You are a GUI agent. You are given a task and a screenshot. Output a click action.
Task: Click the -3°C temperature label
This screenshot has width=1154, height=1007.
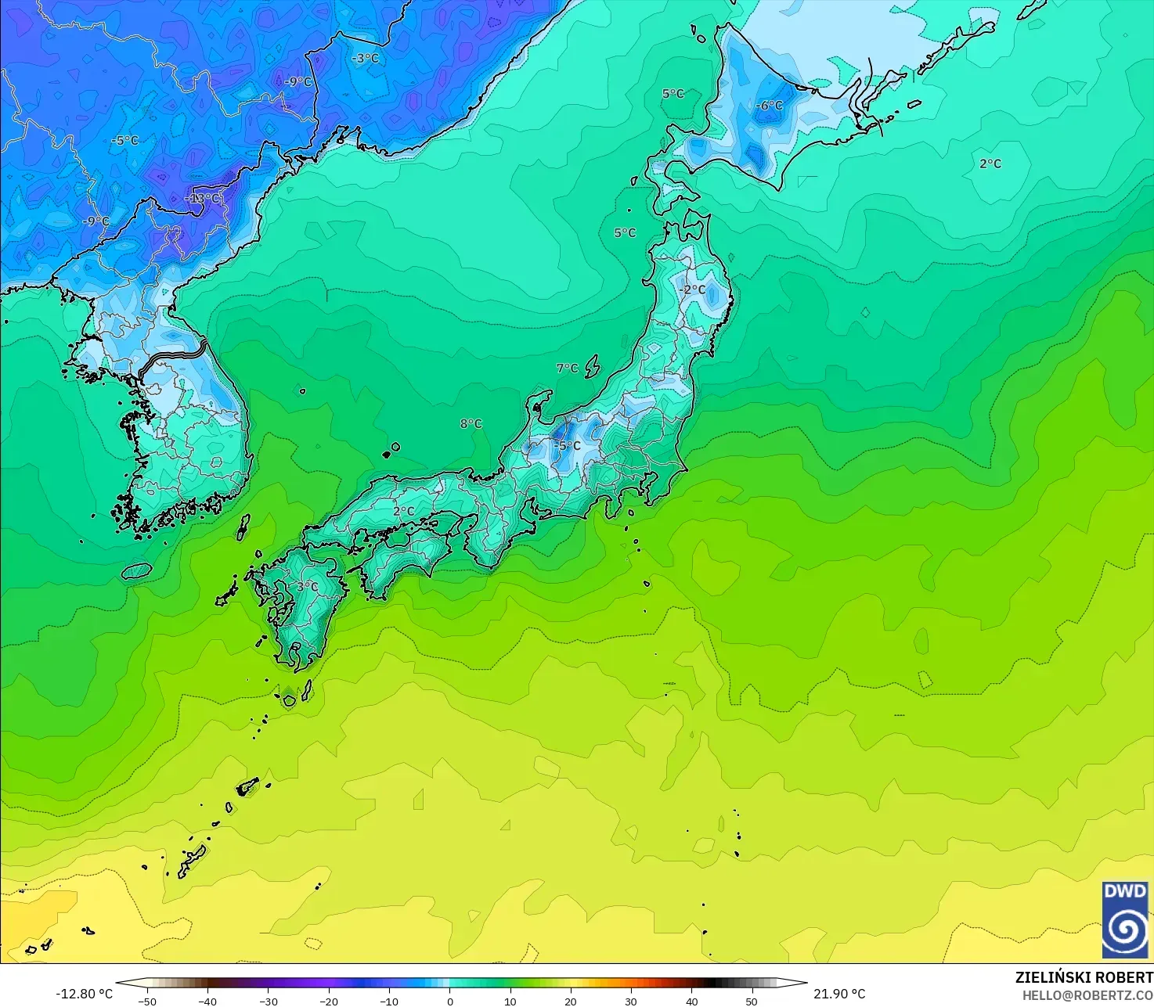[x=365, y=59]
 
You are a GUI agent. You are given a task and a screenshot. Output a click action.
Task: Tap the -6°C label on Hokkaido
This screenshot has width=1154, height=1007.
[x=769, y=106]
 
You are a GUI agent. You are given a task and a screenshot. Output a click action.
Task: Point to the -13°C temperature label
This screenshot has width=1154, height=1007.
[x=203, y=199]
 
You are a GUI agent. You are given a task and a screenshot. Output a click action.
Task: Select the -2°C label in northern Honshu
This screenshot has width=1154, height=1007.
[x=692, y=290]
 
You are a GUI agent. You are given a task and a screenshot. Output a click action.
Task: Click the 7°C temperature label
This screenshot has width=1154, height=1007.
[x=568, y=369]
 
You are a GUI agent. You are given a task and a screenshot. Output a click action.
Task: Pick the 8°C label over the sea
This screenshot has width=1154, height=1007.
[x=471, y=424]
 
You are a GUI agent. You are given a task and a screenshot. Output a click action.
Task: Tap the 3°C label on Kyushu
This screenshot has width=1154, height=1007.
[x=307, y=586]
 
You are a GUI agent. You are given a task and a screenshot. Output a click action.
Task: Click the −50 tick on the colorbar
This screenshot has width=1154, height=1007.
[x=146, y=1001]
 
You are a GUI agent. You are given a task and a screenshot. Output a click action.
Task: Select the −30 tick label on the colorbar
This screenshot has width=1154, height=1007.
[x=268, y=1001]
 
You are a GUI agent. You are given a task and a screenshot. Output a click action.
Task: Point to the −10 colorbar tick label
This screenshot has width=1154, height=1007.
[x=388, y=1001]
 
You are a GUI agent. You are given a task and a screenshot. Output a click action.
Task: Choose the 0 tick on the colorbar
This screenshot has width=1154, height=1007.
[x=449, y=1001]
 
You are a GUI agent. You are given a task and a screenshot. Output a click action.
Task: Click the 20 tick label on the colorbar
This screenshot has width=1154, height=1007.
[x=570, y=1001]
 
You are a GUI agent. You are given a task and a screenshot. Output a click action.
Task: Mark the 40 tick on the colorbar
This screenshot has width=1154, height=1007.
[x=691, y=1001]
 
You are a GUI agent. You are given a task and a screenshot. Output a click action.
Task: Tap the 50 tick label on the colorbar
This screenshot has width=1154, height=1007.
[x=752, y=1001]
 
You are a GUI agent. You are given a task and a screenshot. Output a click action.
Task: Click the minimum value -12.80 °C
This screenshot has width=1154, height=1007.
[x=84, y=994]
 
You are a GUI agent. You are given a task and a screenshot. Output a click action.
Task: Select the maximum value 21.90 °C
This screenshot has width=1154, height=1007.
[x=839, y=994]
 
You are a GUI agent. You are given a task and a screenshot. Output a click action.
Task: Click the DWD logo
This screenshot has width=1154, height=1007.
[x=1125, y=919]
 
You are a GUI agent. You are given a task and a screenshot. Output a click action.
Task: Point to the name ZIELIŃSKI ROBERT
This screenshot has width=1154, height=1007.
[x=1084, y=977]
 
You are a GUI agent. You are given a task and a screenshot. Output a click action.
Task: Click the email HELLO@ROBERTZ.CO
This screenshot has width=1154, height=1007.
[x=1087, y=994]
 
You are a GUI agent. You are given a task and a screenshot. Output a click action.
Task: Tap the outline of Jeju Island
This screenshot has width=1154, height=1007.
[x=136, y=571]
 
